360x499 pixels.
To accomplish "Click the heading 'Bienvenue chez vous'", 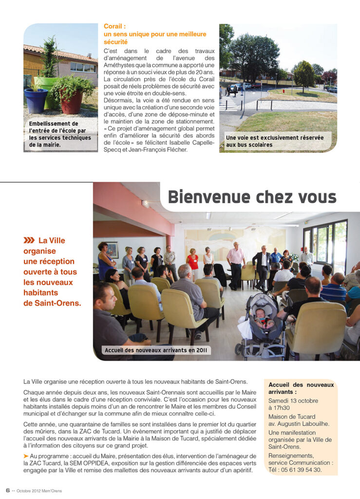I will click(252, 197).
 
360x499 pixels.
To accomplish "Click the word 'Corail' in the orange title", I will click(114, 26).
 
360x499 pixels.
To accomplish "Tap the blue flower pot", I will click(36, 100).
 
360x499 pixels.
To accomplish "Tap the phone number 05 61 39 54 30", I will click(301, 470).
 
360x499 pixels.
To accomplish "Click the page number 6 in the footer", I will click(8, 490).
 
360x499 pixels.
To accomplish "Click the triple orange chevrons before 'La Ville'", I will click(29, 240).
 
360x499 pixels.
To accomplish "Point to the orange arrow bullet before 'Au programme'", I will click(26, 455).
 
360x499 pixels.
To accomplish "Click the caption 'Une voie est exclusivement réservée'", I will click(275, 138).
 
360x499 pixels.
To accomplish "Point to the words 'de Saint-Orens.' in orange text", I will click(52, 303).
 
